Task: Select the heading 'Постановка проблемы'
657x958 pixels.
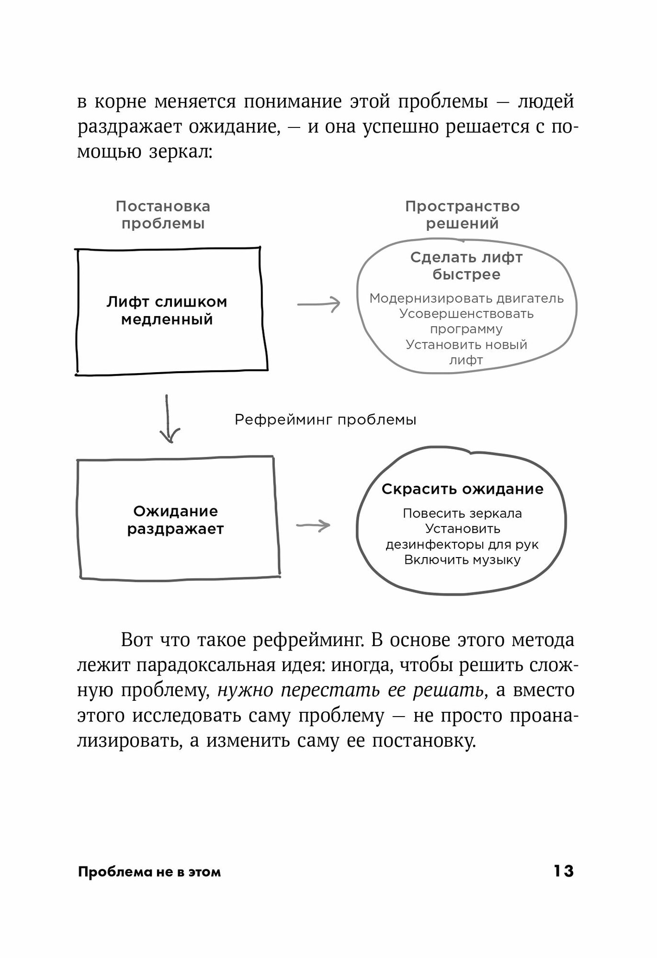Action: coord(163,215)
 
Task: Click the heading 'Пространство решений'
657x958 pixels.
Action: coord(462,215)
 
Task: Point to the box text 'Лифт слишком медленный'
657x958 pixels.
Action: coord(167,311)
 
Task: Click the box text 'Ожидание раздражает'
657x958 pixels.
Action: coord(175,520)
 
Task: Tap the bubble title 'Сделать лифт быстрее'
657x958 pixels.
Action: coord(466,266)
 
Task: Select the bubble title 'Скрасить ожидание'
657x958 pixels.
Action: coord(462,489)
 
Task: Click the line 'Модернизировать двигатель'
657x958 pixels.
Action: coord(466,298)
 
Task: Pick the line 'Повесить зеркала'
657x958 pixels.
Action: coord(462,513)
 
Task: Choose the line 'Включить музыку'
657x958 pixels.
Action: coord(462,560)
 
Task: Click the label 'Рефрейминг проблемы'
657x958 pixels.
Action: coord(326,420)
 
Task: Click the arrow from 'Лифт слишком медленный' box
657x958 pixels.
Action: coord(318,304)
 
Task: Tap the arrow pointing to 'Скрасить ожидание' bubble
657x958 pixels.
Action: coord(313,525)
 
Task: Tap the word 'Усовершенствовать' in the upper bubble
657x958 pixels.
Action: coord(466,314)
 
